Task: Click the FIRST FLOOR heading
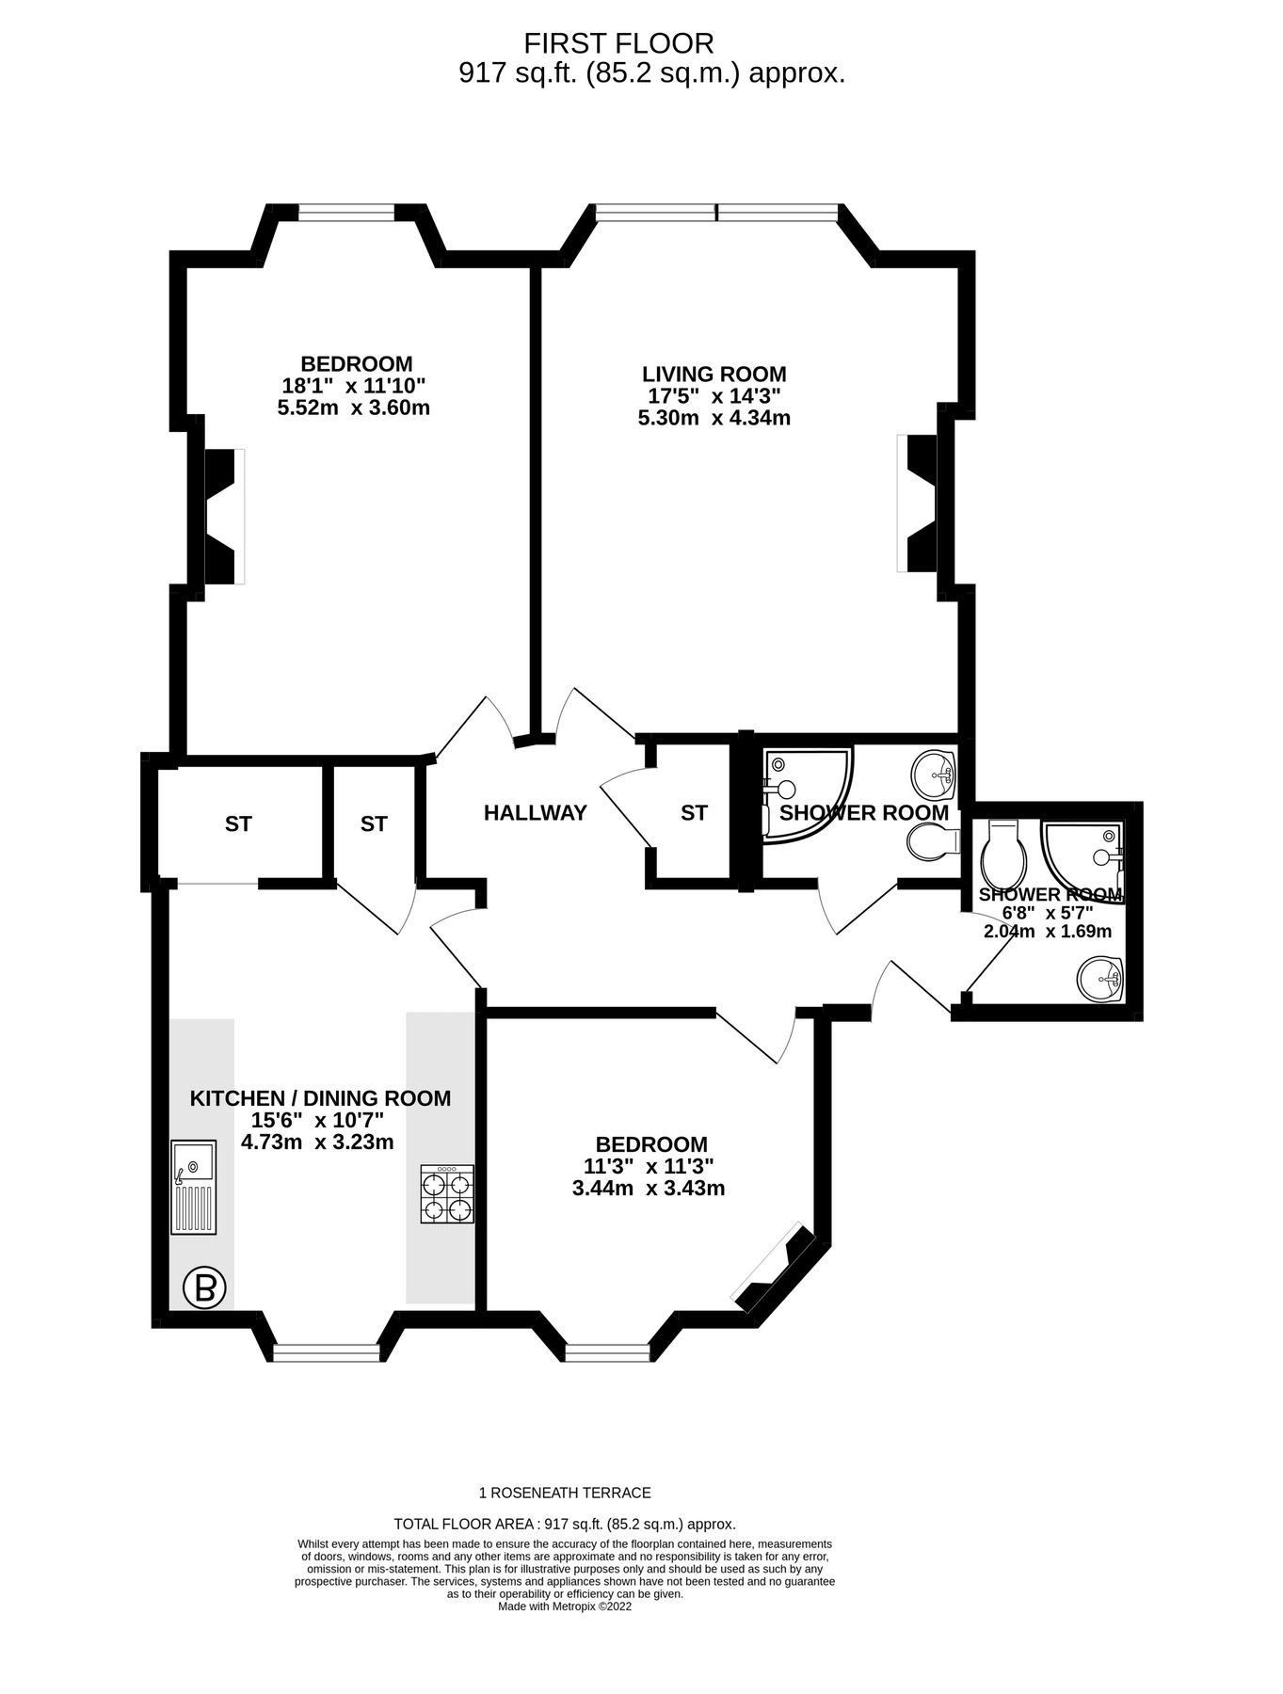click(x=618, y=42)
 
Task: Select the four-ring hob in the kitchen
click(x=446, y=1194)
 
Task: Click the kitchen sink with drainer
click(x=193, y=1187)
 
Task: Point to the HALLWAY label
click(x=535, y=813)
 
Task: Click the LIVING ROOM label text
click(x=714, y=374)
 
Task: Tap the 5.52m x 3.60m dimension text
click(x=353, y=408)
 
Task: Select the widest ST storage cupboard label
click(x=238, y=823)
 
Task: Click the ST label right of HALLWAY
click(x=694, y=813)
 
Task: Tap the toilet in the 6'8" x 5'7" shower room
click(x=1000, y=852)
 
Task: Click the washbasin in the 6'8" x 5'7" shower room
click(x=1099, y=979)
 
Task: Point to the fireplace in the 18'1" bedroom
click(x=220, y=516)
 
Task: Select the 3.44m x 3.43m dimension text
click(x=648, y=1189)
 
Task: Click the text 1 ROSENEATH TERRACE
click(x=565, y=1493)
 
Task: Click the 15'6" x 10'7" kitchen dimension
click(x=317, y=1120)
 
